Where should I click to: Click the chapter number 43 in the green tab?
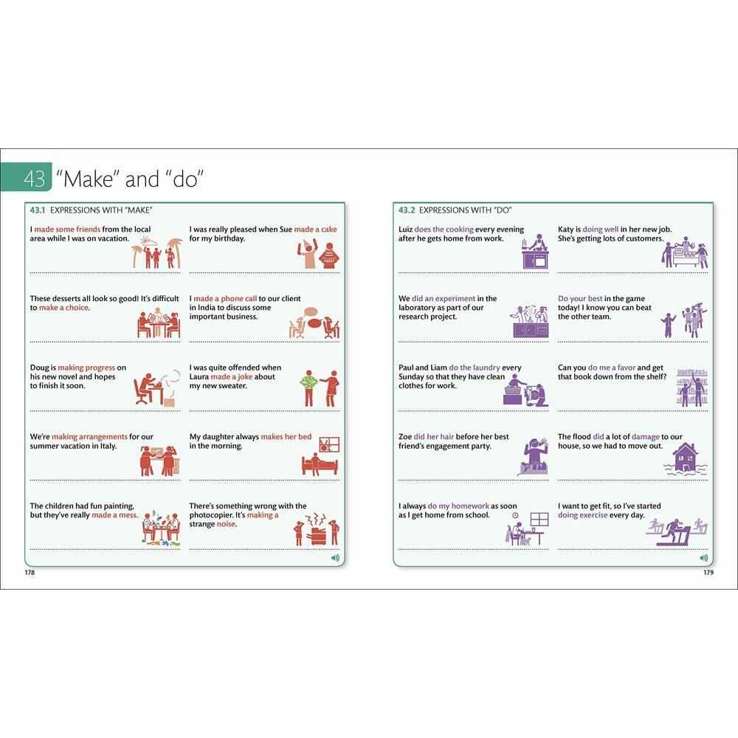pos(35,179)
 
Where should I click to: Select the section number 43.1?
pos(38,210)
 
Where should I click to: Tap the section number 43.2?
pos(407,210)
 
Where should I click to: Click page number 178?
pos(30,573)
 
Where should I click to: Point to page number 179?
pos(708,573)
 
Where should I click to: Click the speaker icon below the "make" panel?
pos(335,558)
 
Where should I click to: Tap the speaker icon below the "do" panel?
pos(703,558)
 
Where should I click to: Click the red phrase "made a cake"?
pos(315,230)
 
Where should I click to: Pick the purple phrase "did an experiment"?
pos(444,298)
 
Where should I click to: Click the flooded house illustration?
pos(685,459)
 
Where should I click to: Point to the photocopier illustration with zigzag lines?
pos(317,529)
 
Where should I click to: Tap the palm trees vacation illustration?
pos(156,252)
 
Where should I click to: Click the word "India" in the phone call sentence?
pos(206,307)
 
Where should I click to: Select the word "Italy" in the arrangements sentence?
pos(108,446)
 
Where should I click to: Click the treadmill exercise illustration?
pos(676,532)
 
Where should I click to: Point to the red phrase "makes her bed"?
pos(286,437)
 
